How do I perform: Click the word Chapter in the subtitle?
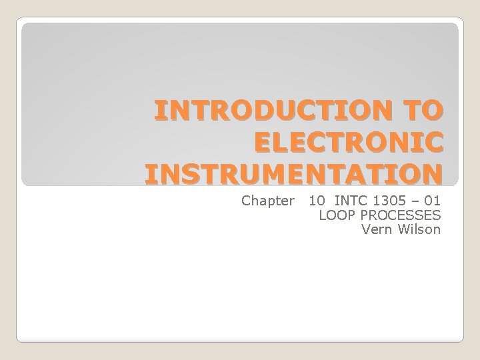pyautogui.click(x=267, y=200)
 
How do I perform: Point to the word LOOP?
pyautogui.click(x=335, y=215)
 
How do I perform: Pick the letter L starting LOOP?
pyautogui.click(x=323, y=215)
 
